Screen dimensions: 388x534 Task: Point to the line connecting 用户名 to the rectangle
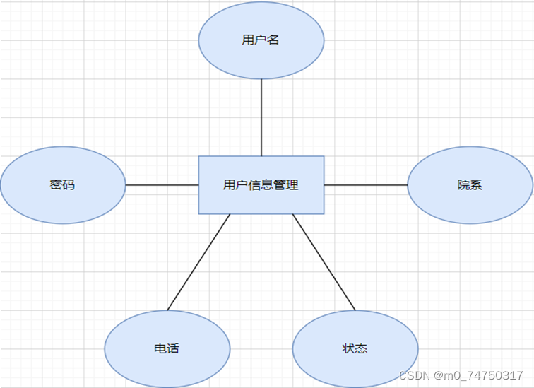(x=261, y=117)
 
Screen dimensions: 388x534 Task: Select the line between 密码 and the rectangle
(x=162, y=185)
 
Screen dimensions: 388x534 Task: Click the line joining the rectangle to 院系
(x=366, y=185)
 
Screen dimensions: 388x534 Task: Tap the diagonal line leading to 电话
(x=198, y=262)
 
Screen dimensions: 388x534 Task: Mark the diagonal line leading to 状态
(x=324, y=262)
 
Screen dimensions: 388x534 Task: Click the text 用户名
(x=261, y=40)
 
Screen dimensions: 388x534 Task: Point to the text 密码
(x=62, y=185)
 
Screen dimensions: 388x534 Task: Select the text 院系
(x=470, y=185)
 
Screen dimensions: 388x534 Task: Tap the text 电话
(x=167, y=348)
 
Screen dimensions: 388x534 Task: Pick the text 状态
(x=355, y=348)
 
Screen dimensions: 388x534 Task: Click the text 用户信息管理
(x=261, y=185)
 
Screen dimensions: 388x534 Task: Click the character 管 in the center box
(x=280, y=185)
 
